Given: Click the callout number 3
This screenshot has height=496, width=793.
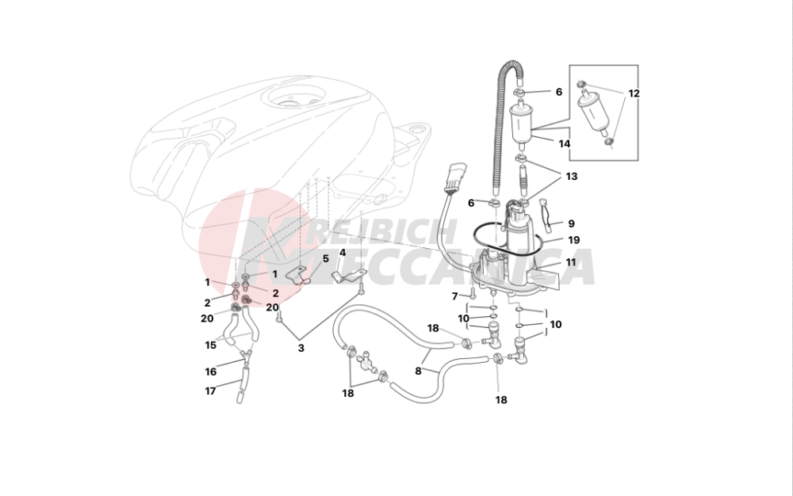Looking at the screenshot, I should pos(301,348).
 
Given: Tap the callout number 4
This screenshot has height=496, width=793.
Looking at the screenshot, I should pos(343,254).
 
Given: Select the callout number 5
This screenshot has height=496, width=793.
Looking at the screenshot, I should pos(325,258).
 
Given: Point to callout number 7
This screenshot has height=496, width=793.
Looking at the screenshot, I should pos(455,296).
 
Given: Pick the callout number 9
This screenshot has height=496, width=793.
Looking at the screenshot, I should pos(571,223).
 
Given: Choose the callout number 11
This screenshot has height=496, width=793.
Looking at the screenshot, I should pos(569,262).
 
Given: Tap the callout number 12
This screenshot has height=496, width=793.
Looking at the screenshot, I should pos(634,93).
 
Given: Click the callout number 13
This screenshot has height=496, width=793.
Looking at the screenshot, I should pos(572,178).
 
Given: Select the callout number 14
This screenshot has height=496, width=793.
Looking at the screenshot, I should pos(565,144).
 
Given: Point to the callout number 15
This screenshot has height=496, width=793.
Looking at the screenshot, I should pos(211,345).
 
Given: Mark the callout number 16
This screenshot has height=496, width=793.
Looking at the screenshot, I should pos(211,371).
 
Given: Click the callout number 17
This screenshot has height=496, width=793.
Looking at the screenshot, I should pos(211,391).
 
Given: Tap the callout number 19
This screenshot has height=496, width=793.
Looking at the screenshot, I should pos(573,239).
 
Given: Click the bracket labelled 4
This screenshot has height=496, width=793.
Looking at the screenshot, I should pos(346,277).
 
